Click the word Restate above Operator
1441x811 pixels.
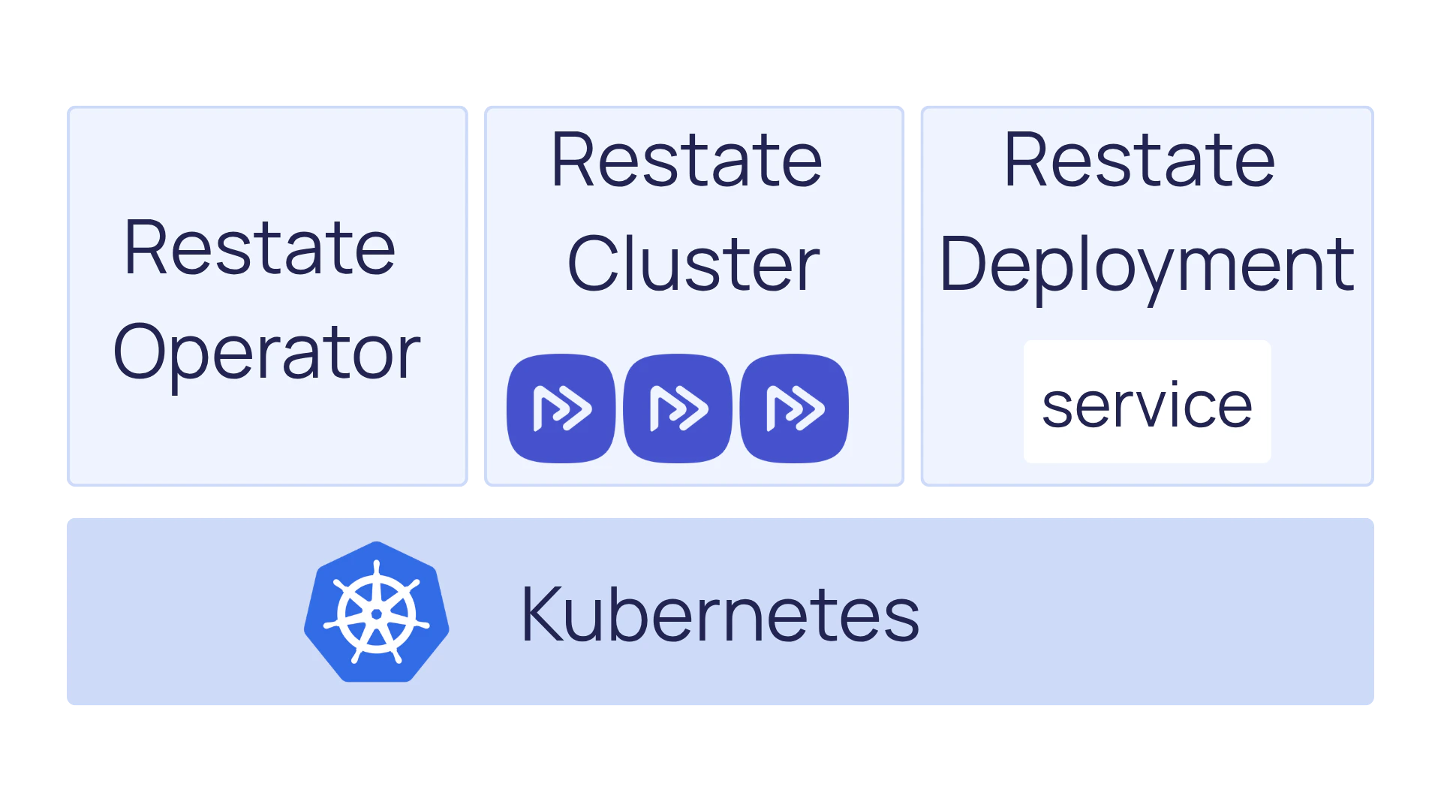pos(260,249)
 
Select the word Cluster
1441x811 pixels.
pos(693,264)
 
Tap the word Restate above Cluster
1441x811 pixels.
pos(687,160)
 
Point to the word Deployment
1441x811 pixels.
pos(1146,265)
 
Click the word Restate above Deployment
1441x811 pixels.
pos(1139,160)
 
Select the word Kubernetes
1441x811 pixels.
pos(720,615)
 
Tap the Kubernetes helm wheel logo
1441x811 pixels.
pos(377,612)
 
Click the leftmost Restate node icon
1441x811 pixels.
pos(561,409)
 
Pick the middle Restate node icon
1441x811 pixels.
pos(678,409)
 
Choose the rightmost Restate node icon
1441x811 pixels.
pos(794,409)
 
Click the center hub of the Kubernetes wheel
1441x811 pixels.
pos(377,614)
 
